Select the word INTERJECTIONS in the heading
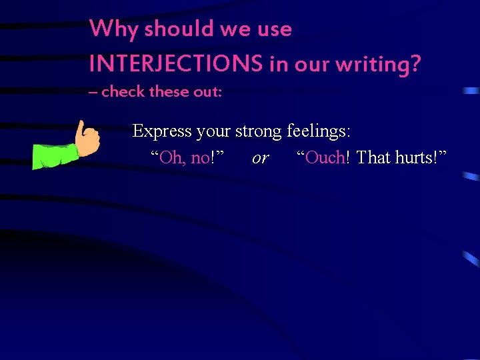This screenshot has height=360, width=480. tap(175, 64)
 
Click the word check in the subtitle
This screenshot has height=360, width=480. tap(123, 92)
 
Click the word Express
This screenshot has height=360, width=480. tap(163, 131)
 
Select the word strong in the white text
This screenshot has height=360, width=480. tap(259, 131)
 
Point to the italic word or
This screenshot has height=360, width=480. tap(261, 158)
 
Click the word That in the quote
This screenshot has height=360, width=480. tap(373, 157)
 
